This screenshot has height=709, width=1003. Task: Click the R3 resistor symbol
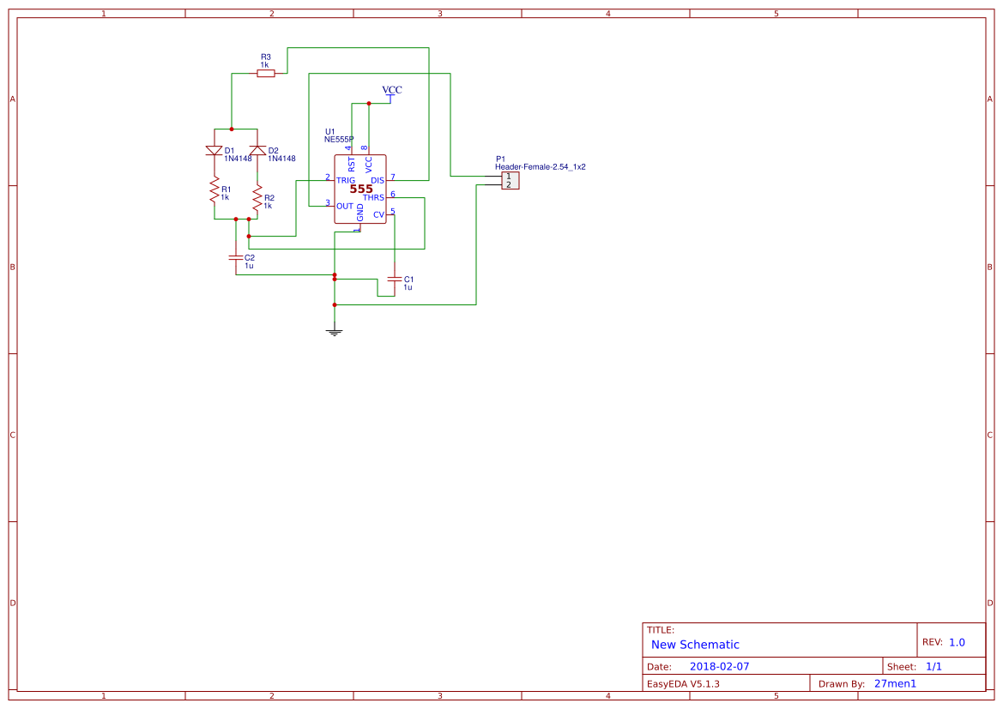click(266, 74)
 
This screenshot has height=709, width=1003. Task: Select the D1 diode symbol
click(214, 151)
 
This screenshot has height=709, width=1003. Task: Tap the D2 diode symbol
click(257, 151)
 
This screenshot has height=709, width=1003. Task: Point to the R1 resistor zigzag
click(214, 191)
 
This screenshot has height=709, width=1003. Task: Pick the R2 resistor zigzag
click(257, 198)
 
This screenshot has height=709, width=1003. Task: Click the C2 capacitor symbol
click(235, 257)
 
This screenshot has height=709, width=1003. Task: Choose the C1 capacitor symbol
click(394, 279)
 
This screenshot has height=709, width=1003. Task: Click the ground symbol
click(335, 332)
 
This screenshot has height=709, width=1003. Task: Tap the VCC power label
click(392, 90)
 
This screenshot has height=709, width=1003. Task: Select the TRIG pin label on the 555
click(346, 180)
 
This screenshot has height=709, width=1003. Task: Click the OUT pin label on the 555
click(345, 206)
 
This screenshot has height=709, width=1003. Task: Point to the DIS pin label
click(377, 180)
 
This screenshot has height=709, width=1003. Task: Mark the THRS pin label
click(373, 198)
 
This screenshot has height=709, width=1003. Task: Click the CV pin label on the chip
click(378, 214)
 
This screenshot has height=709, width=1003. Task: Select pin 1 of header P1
click(510, 177)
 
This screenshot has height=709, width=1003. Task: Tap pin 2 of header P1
click(510, 184)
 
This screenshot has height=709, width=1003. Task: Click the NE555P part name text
click(339, 139)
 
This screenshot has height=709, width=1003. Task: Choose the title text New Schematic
click(695, 645)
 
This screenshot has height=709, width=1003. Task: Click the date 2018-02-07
click(719, 666)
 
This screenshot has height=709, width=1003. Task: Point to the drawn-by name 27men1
click(895, 683)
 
